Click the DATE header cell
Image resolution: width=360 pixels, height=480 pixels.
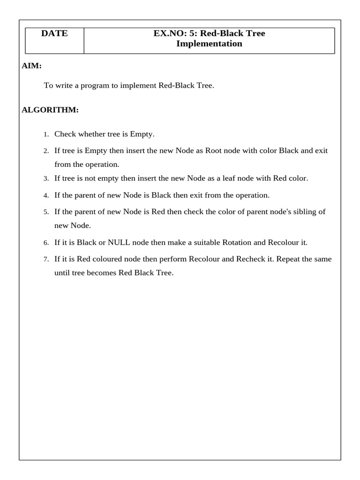(54, 34)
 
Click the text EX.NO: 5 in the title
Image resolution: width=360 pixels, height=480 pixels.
(171, 34)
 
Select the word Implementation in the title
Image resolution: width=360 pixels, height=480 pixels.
(209, 44)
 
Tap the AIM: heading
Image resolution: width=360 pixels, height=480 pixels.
(32, 66)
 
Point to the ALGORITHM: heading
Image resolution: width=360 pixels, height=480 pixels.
(50, 110)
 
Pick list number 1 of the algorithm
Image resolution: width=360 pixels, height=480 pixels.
(46, 135)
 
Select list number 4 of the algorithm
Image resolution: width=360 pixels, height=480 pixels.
(46, 195)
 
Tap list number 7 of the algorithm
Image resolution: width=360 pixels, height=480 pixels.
(46, 259)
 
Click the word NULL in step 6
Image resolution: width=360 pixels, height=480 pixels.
(119, 243)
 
